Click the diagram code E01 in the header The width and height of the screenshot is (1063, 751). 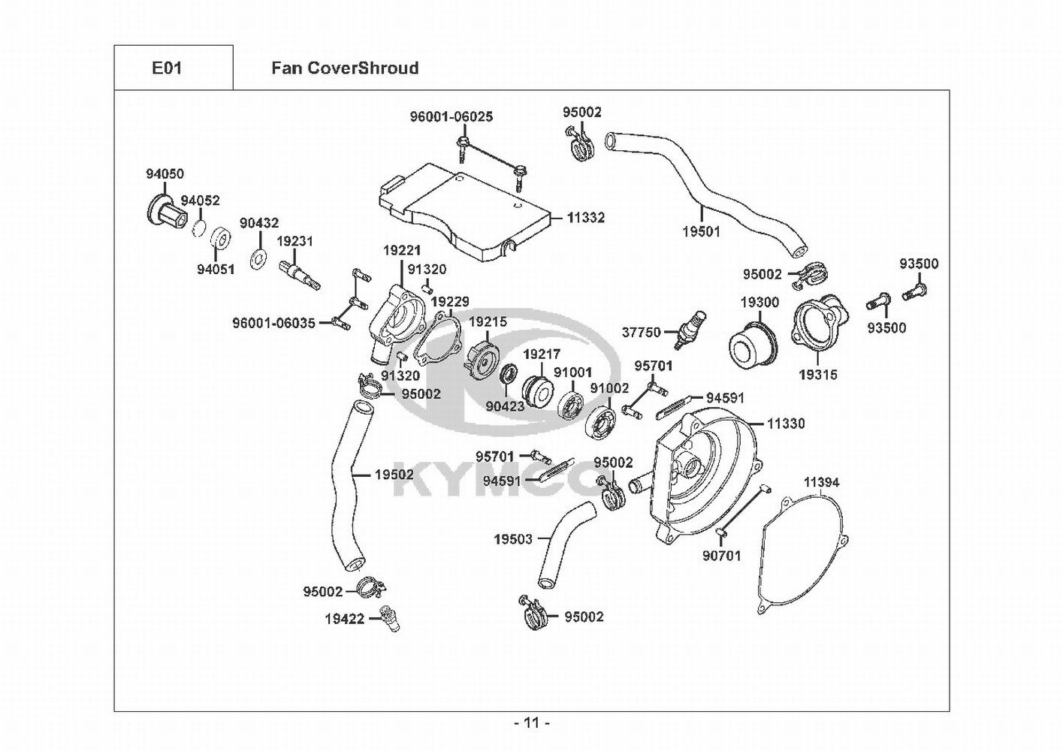point(167,68)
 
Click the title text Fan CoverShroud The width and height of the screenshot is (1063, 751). point(345,68)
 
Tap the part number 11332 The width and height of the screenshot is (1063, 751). point(586,218)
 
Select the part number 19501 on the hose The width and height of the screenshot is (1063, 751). point(701,232)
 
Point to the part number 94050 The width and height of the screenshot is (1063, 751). point(165,174)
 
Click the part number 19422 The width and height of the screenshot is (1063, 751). point(345,619)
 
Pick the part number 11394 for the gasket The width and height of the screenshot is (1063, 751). point(822,482)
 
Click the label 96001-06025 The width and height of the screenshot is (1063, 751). point(451,117)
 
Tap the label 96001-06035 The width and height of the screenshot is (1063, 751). point(273,324)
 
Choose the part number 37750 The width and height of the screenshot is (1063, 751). point(641,332)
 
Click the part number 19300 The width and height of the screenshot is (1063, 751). point(760,303)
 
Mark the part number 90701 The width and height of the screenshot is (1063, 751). point(722,556)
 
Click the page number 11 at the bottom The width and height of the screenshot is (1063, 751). point(532,723)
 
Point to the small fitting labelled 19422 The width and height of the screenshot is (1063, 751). point(390,618)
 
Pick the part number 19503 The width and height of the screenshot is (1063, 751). point(513,539)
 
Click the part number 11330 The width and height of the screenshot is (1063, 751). point(786,424)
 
